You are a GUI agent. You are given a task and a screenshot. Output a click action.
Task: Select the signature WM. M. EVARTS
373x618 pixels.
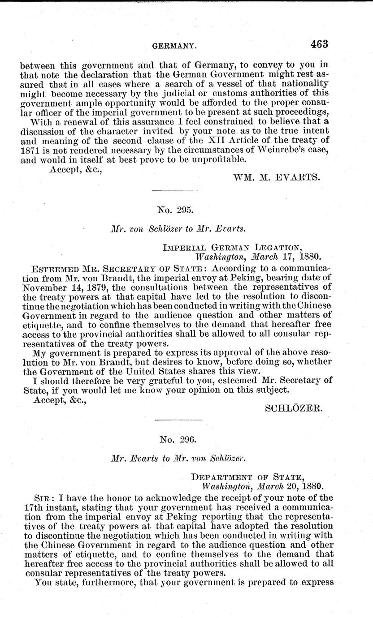coord(277,177)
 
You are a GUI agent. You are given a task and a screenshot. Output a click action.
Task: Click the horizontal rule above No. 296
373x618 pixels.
coord(178,419)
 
